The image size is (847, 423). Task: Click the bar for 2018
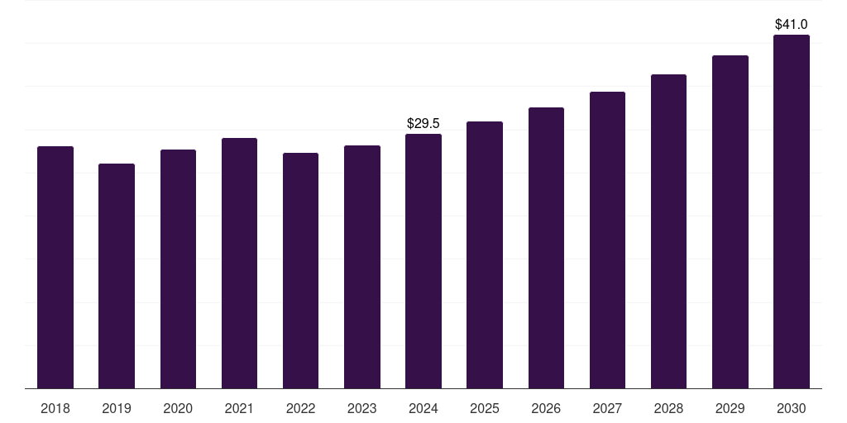point(55,267)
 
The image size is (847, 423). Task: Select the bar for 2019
point(117,276)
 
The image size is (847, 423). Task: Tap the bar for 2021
point(239,263)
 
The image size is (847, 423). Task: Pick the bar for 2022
point(300,270)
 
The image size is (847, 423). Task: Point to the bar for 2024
point(423,261)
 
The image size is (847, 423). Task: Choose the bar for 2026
point(546,248)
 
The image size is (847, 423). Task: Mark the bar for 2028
point(668,231)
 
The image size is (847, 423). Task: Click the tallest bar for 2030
point(792,211)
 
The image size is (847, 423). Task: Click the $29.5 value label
point(423,123)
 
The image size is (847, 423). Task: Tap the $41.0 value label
point(792,25)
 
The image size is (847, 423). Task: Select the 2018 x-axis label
point(55,408)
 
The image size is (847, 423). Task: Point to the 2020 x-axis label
point(178,408)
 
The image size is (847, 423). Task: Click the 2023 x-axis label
point(362,408)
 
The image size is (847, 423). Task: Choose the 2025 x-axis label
point(485,408)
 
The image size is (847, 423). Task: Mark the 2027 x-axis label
point(607,408)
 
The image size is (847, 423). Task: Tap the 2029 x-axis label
point(730,408)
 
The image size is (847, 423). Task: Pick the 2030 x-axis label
point(792,408)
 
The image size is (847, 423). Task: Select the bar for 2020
point(178,269)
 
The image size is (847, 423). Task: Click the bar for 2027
point(607,240)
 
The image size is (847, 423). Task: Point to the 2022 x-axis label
point(300,408)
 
